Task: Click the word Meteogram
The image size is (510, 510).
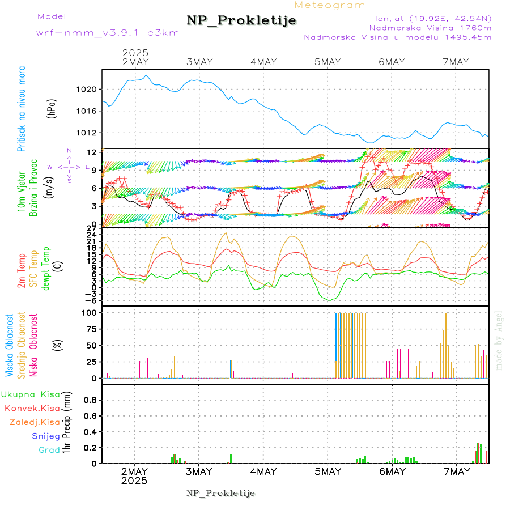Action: pyautogui.click(x=330, y=5)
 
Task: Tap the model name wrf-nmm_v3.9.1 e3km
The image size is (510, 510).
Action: pyautogui.click(x=108, y=33)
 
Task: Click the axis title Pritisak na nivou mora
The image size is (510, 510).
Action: pyautogui.click(x=21, y=108)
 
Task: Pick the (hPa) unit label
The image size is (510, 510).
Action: pyautogui.click(x=52, y=108)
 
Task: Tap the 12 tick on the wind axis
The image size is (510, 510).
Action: pyautogui.click(x=90, y=152)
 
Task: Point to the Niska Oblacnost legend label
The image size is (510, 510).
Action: pyautogui.click(x=34, y=345)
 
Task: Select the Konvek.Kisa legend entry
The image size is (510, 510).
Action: pyautogui.click(x=32, y=408)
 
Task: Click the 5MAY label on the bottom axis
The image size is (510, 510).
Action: pyautogui.click(x=328, y=471)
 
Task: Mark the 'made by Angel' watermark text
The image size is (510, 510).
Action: pyautogui.click(x=499, y=340)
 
